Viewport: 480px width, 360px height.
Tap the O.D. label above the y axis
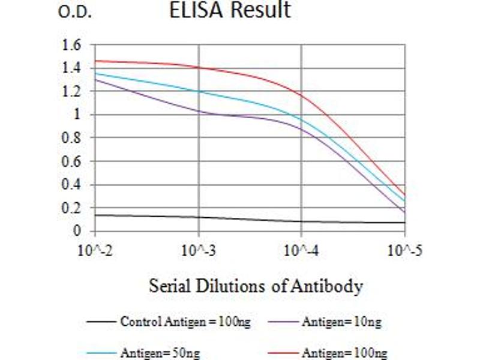(x=75, y=13)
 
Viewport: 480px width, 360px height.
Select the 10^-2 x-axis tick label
(x=95, y=249)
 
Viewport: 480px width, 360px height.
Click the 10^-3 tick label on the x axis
(x=198, y=249)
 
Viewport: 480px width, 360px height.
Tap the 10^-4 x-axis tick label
(x=301, y=249)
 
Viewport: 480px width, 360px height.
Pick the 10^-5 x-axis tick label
(x=404, y=249)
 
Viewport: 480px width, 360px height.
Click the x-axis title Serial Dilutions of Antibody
(x=256, y=286)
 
